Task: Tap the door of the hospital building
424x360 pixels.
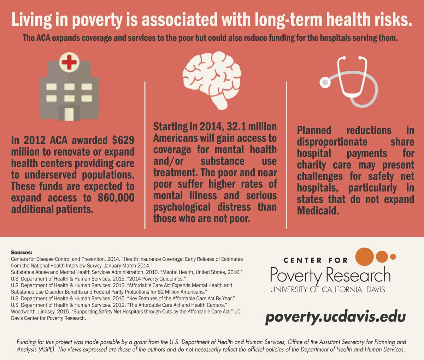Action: coord(69,113)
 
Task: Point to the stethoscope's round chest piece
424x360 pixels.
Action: coord(324,82)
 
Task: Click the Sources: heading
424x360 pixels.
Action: coord(22,253)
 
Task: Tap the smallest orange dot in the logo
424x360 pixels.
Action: coord(393,256)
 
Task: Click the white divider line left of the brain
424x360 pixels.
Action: coord(145,155)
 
